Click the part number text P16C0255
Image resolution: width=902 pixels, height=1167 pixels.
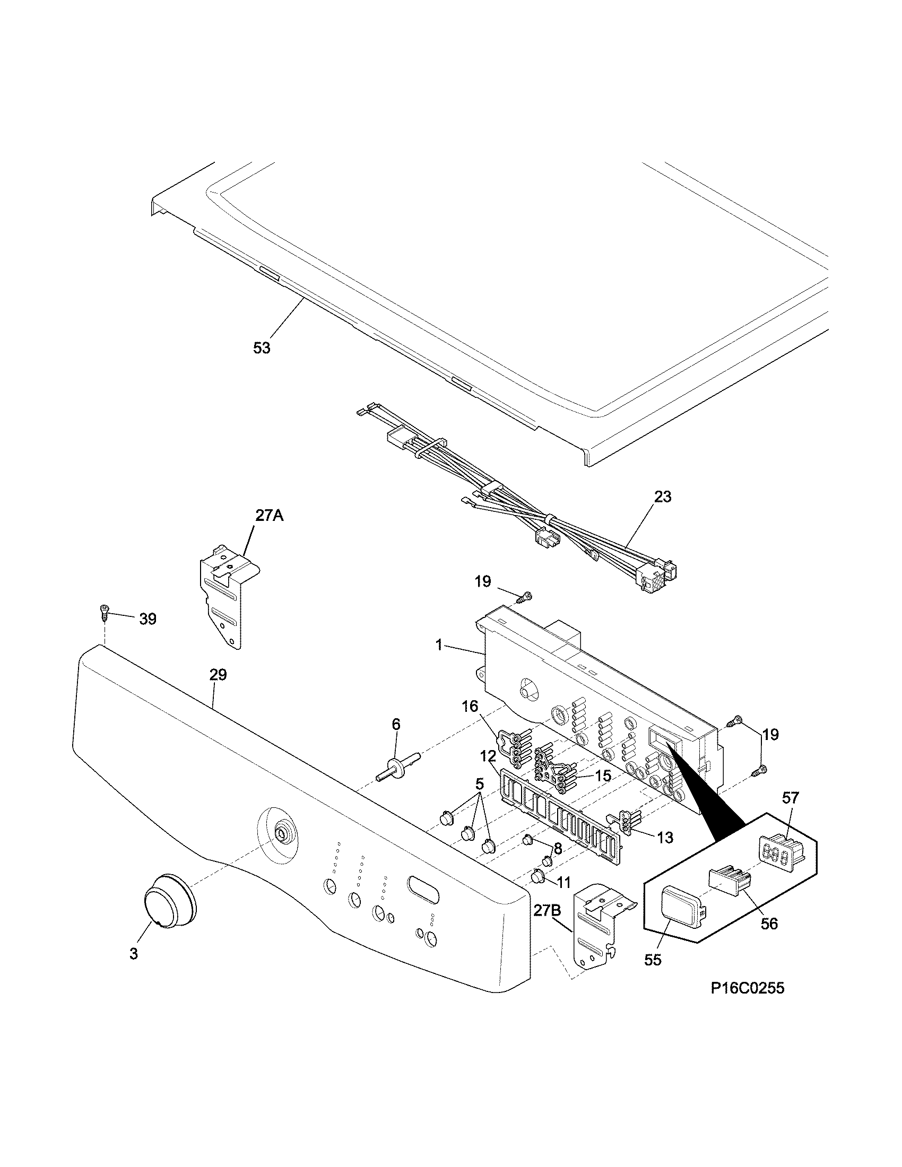pos(747,989)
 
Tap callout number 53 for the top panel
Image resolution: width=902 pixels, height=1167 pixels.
pos(261,349)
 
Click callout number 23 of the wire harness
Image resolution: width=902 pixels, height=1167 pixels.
pos(662,497)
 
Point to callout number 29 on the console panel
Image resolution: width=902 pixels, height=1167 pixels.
pos(218,675)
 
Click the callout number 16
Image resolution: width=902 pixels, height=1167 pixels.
pos(470,707)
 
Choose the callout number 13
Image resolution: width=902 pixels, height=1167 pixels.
pos(665,838)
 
